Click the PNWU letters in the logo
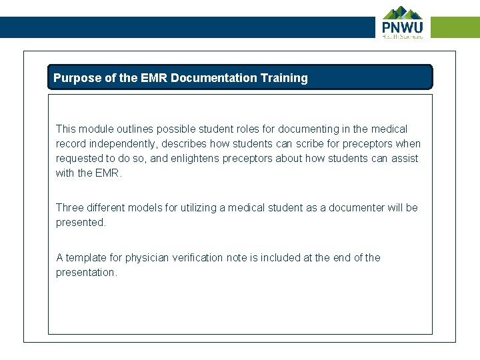click(402, 27)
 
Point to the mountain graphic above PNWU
click(402, 13)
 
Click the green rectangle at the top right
click(455, 27)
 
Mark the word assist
click(404, 159)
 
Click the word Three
click(70, 208)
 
